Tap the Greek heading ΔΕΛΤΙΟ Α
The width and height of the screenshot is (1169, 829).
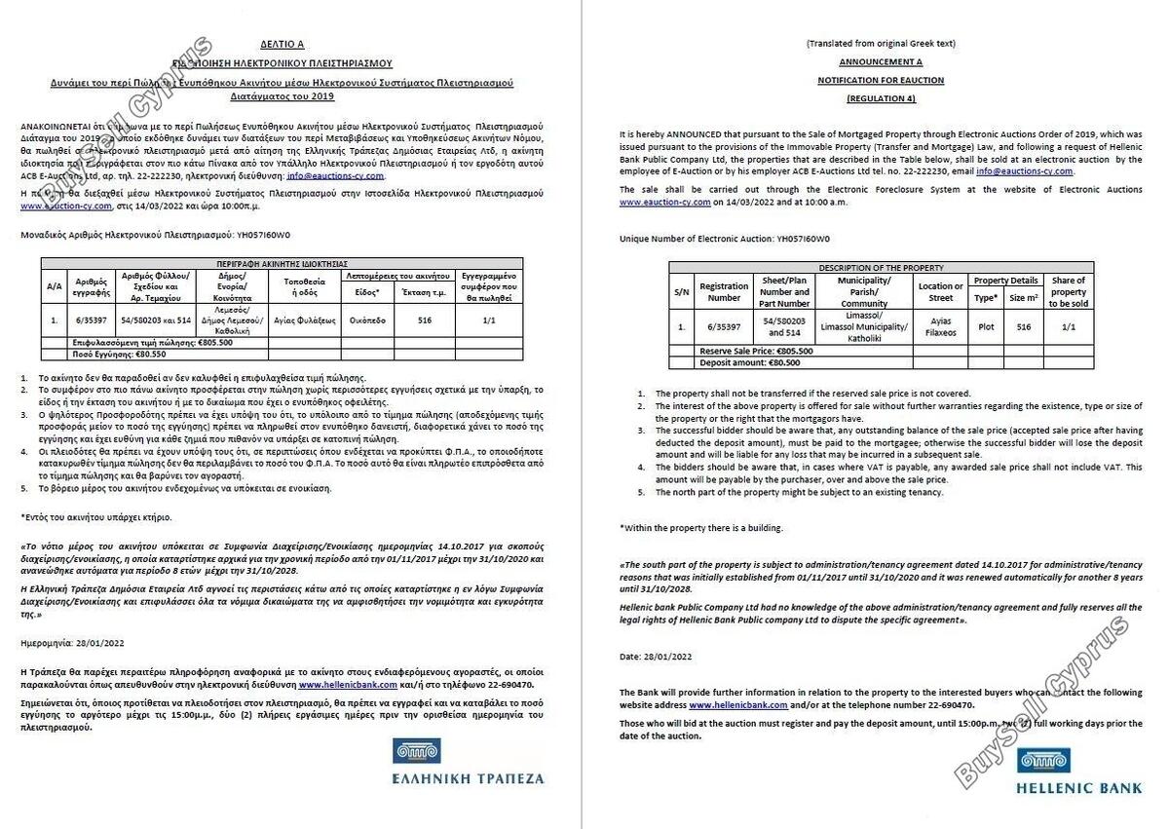click(283, 45)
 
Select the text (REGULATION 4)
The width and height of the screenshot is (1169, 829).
click(881, 98)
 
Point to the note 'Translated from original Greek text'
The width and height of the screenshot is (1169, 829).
click(881, 44)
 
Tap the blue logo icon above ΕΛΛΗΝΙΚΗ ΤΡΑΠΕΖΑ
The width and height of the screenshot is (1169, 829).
click(416, 750)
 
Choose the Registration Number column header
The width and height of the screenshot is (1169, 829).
click(724, 292)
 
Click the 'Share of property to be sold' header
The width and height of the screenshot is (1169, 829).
click(1069, 292)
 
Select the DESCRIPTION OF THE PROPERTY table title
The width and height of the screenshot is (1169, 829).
click(881, 267)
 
